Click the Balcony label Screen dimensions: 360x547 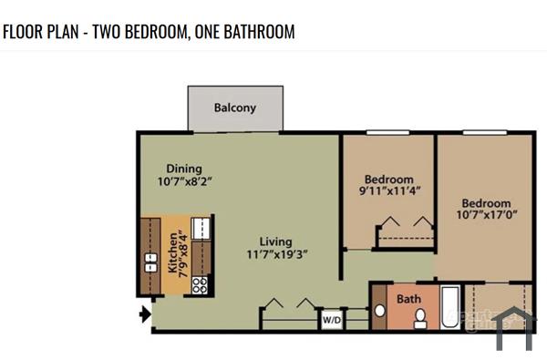pos(234,108)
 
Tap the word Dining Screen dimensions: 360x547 pos(183,169)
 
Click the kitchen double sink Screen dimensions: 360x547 pos(150,263)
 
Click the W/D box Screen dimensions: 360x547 pos(330,320)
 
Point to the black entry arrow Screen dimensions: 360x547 pos(143,315)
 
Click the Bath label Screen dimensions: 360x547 pos(408,298)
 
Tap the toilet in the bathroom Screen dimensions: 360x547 pos(420,318)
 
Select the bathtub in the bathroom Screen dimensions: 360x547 pos(449,307)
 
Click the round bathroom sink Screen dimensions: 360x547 pos(380,310)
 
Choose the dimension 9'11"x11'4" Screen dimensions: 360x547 pos(388,192)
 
